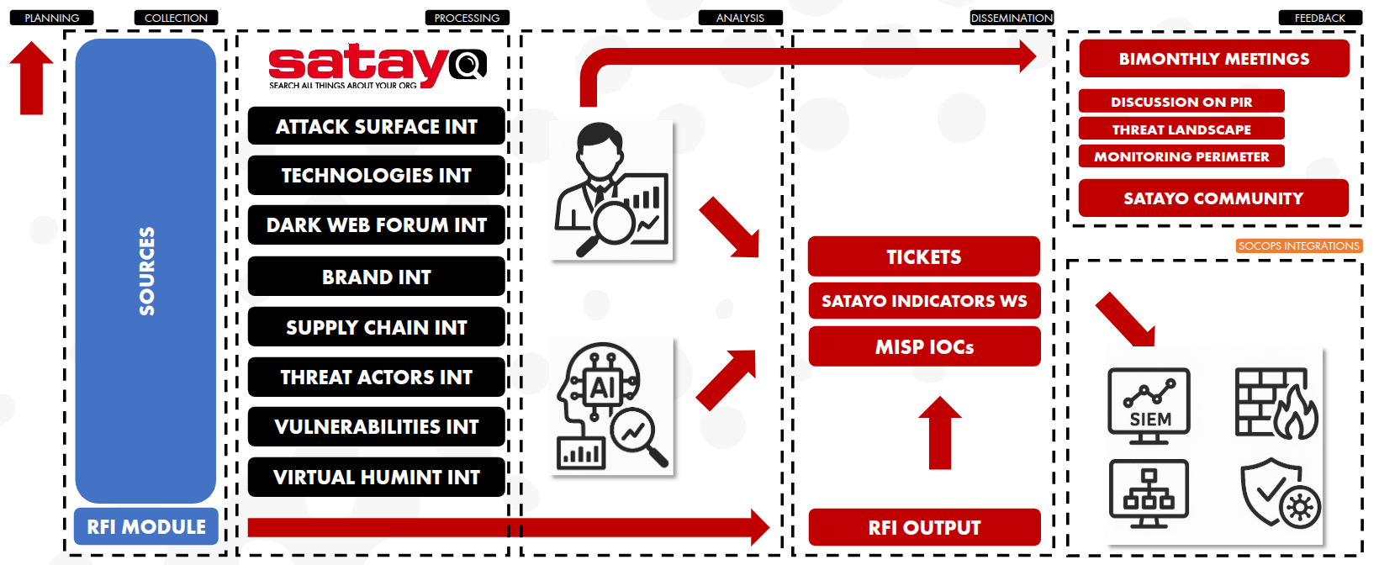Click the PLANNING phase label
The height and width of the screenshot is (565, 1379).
52,18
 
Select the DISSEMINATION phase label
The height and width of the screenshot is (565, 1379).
1012,18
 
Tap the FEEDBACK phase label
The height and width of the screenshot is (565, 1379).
1320,18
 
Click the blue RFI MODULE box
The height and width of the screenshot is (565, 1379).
146,526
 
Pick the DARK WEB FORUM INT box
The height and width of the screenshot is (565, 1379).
376,224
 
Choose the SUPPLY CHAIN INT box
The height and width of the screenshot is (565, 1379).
376,327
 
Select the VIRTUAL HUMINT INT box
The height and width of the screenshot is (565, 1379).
376,477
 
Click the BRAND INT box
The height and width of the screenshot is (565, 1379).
376,277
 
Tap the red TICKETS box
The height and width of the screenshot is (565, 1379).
924,256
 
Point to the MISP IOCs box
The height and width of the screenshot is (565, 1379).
924,346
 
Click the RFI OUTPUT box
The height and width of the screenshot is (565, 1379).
924,527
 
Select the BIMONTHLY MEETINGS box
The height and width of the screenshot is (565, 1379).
1214,59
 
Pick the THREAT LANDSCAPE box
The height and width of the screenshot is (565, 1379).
1181,129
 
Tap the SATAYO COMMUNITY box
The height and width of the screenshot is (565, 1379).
1213,198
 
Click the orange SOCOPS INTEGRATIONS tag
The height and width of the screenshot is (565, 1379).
1299,246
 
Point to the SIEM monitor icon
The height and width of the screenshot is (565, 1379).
1149,406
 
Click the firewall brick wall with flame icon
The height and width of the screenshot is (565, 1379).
1276,403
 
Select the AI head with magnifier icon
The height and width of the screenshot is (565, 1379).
611,406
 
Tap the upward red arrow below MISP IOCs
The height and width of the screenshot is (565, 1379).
940,433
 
